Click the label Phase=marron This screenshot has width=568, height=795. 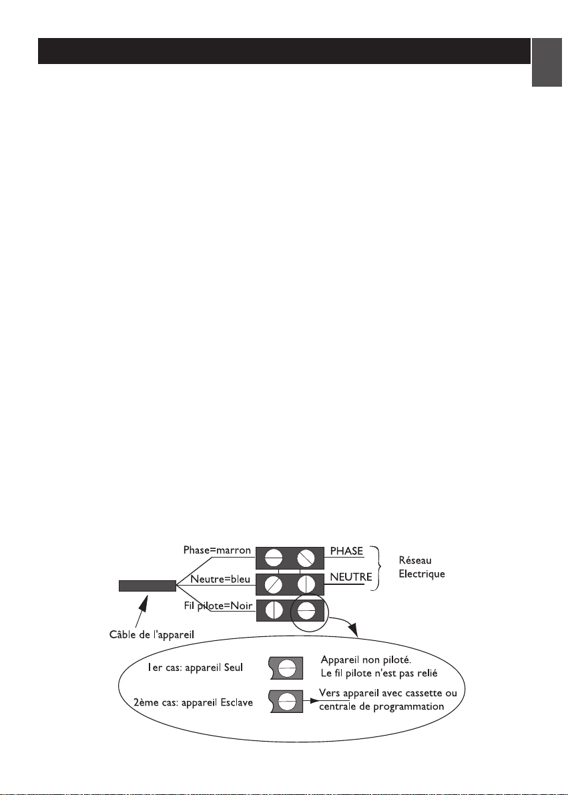click(217, 550)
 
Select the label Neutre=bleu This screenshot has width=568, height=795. click(220, 579)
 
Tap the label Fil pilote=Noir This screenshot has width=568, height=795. click(218, 606)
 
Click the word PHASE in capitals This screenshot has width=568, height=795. click(346, 551)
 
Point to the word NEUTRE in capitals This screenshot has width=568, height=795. click(351, 577)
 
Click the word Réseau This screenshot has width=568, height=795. click(415, 560)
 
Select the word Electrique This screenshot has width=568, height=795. click(422, 574)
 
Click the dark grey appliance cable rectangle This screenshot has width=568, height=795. click(148, 586)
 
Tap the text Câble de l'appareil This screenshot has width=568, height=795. click(152, 634)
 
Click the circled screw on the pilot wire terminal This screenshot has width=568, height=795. click(306, 610)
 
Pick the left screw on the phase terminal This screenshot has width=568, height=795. click(273, 559)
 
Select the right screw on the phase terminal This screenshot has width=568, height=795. click(306, 559)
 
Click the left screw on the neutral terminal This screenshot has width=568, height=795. click(273, 585)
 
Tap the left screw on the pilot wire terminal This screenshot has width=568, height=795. click(273, 610)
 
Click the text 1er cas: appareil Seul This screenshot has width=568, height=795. click(196, 668)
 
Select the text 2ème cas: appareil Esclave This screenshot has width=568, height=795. click(193, 703)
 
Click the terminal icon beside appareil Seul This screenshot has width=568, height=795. click(286, 668)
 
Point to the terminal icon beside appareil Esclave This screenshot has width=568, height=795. click(286, 701)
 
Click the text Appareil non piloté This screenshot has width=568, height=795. click(366, 660)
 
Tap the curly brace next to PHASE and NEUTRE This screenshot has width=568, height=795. click(376, 568)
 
